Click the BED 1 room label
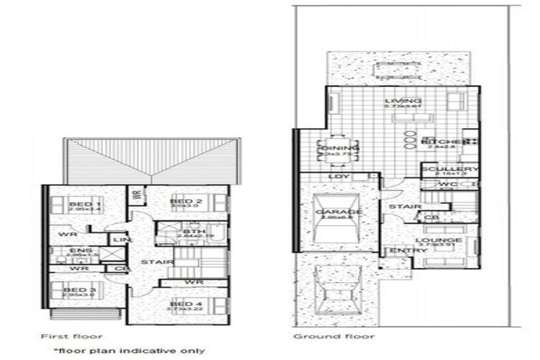click(80, 204)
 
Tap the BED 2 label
click(186, 202)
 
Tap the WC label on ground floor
click(448, 184)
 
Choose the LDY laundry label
click(340, 176)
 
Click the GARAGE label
click(339, 212)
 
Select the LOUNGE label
click(443, 240)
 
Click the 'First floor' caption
click(72, 336)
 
